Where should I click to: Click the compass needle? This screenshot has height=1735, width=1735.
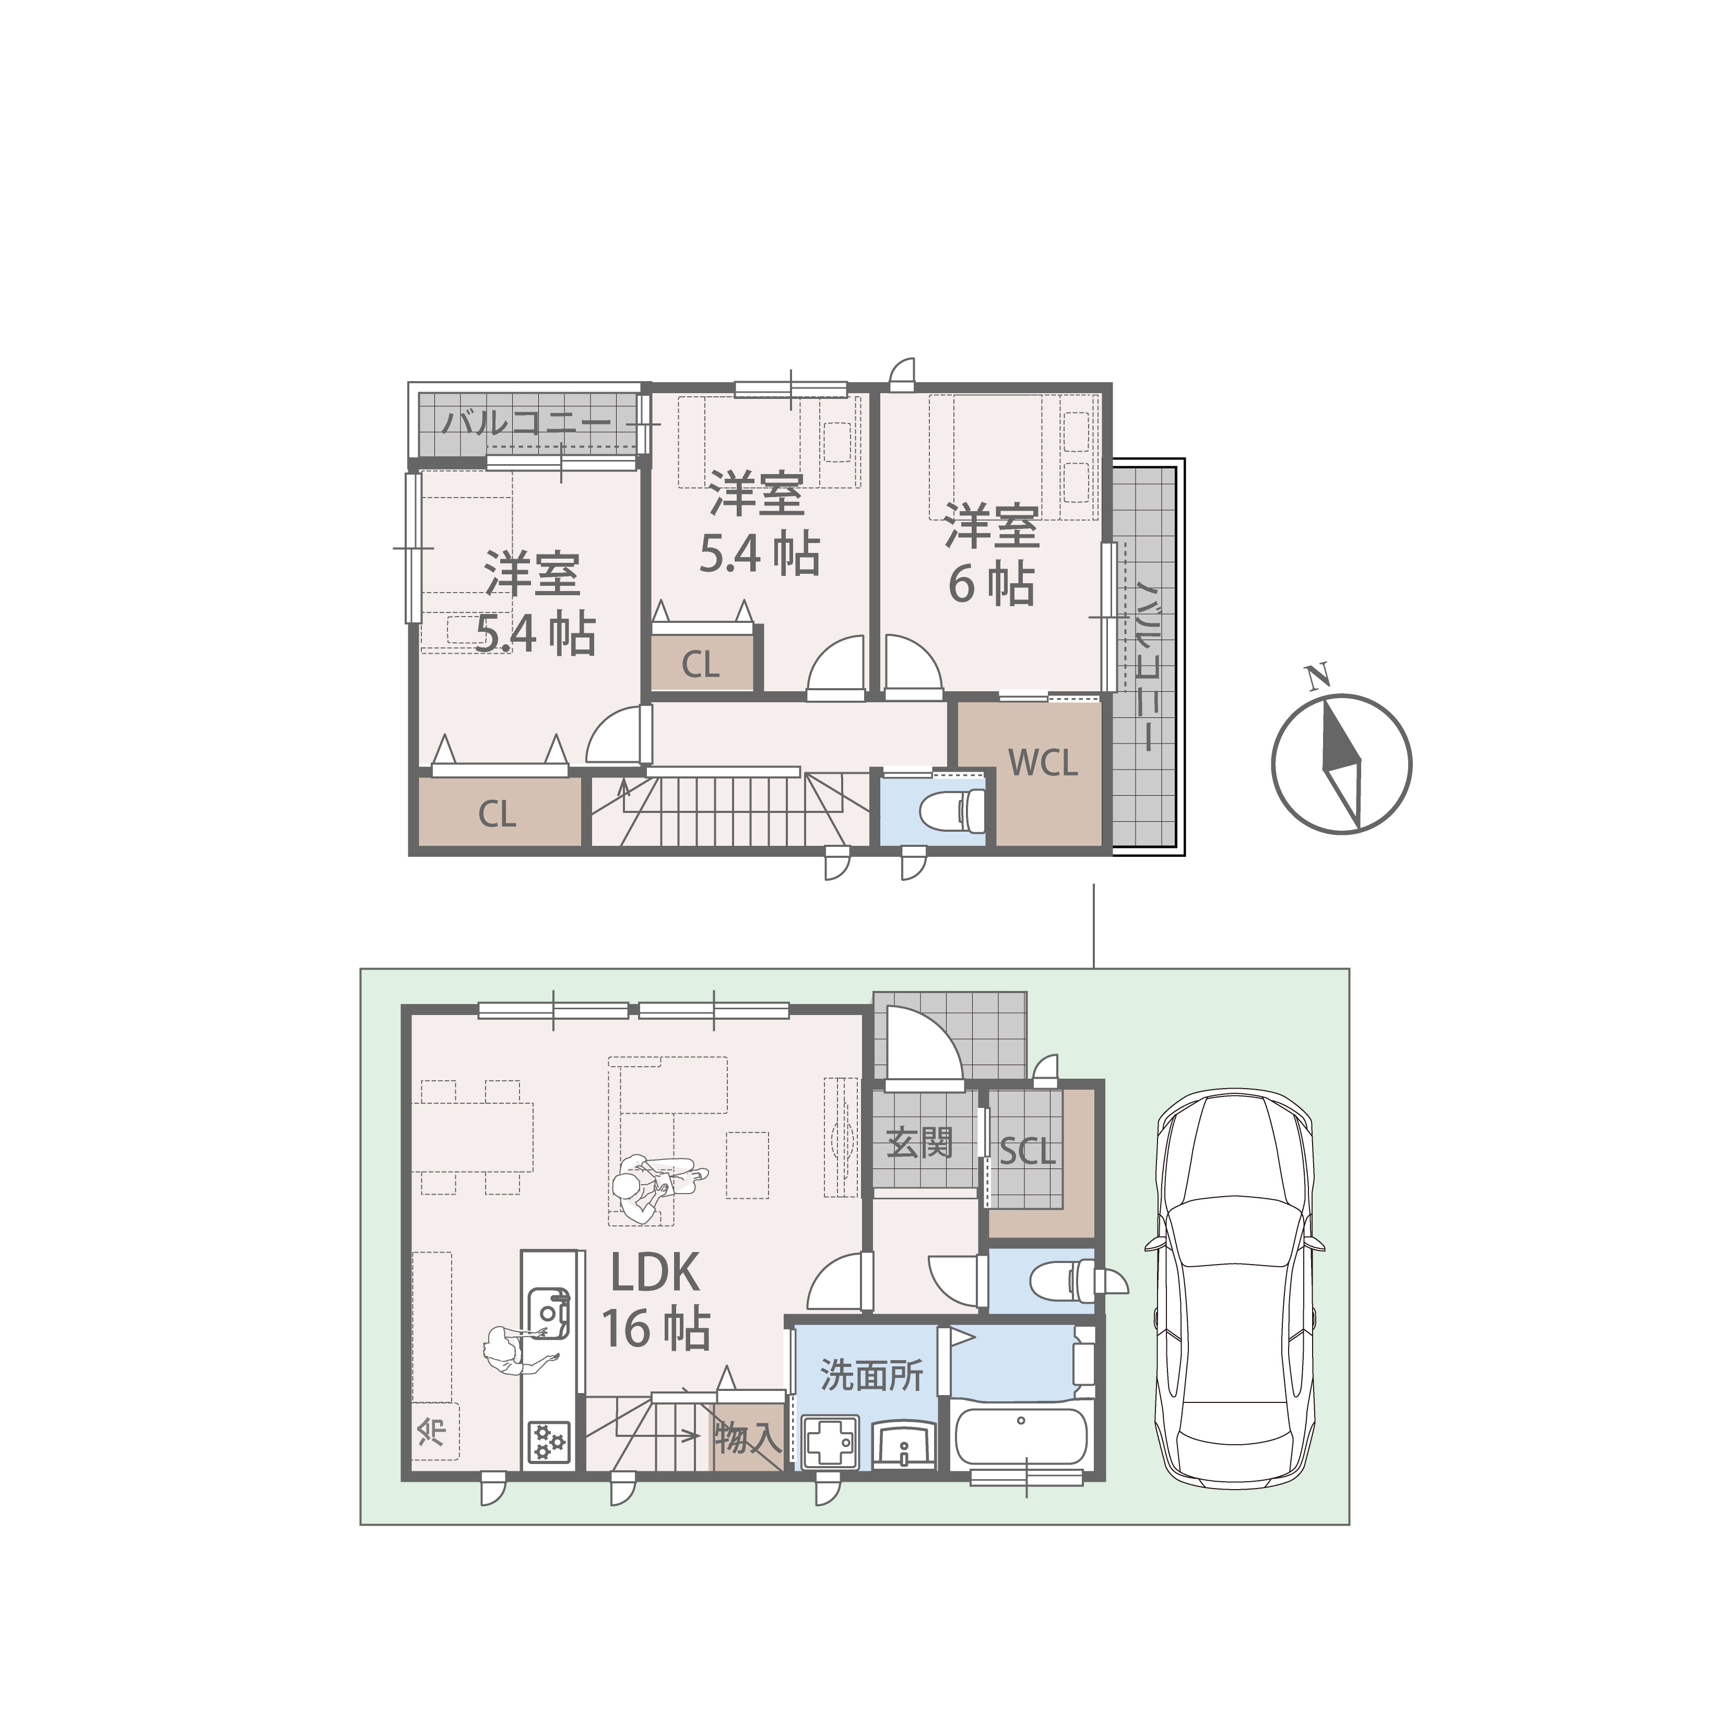(1342, 763)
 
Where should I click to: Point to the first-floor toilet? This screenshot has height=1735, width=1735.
(1064, 1280)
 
